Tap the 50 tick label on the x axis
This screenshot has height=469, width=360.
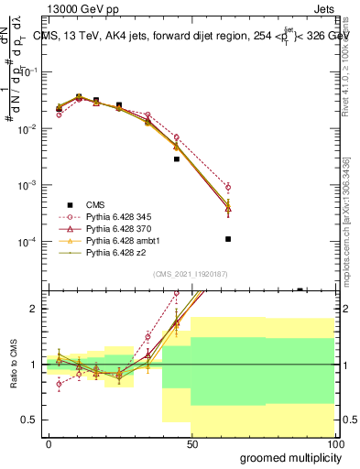191,444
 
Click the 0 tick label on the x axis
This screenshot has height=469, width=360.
49,444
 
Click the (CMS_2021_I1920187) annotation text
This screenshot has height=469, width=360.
190,274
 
